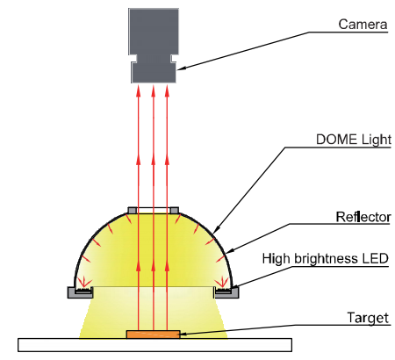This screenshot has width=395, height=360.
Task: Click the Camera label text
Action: (363, 25)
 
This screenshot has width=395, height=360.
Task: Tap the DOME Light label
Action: (354, 140)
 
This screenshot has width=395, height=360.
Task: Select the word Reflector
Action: (363, 217)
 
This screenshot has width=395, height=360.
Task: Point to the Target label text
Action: (368, 318)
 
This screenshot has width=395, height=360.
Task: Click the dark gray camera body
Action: (154, 46)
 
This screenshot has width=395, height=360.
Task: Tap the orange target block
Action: (154, 335)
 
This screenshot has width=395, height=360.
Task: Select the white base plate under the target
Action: (154, 345)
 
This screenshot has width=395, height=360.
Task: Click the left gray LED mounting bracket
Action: (80, 292)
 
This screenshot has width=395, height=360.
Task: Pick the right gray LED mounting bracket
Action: (226, 292)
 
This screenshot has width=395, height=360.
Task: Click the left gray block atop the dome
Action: (133, 210)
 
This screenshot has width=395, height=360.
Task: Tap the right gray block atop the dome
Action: (175, 210)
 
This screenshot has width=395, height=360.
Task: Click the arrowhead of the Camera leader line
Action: (181, 68)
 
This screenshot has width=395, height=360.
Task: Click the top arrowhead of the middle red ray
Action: (153, 90)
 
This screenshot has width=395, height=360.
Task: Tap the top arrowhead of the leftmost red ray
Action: (139, 90)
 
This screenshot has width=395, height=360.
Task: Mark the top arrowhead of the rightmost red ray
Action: (167, 90)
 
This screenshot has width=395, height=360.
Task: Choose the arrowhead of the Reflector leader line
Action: (230, 251)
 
